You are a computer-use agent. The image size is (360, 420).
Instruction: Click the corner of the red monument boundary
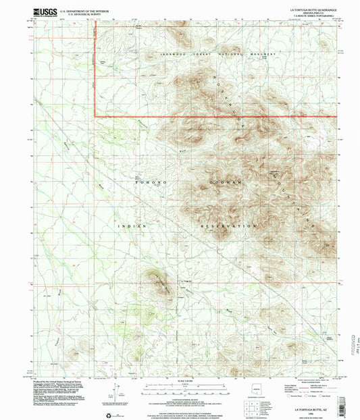coord(94,117)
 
